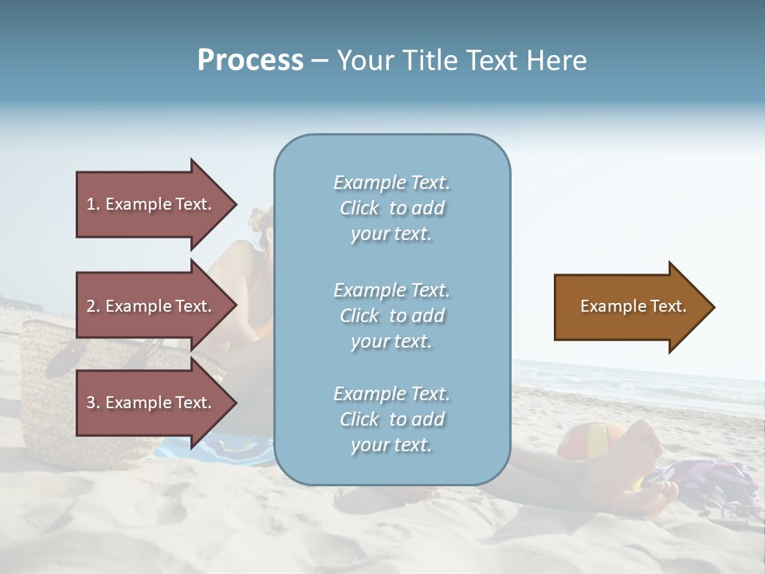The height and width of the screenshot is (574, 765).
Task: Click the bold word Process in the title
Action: click(250, 61)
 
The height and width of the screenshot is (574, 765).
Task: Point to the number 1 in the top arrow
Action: click(91, 204)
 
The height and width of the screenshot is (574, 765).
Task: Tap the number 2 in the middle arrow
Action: click(91, 306)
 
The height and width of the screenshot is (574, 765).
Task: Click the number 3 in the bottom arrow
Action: click(91, 403)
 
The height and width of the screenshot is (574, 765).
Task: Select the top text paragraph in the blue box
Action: click(391, 208)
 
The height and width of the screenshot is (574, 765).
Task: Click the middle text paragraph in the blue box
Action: click(391, 316)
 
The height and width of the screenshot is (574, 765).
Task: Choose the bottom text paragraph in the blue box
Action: click(391, 419)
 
